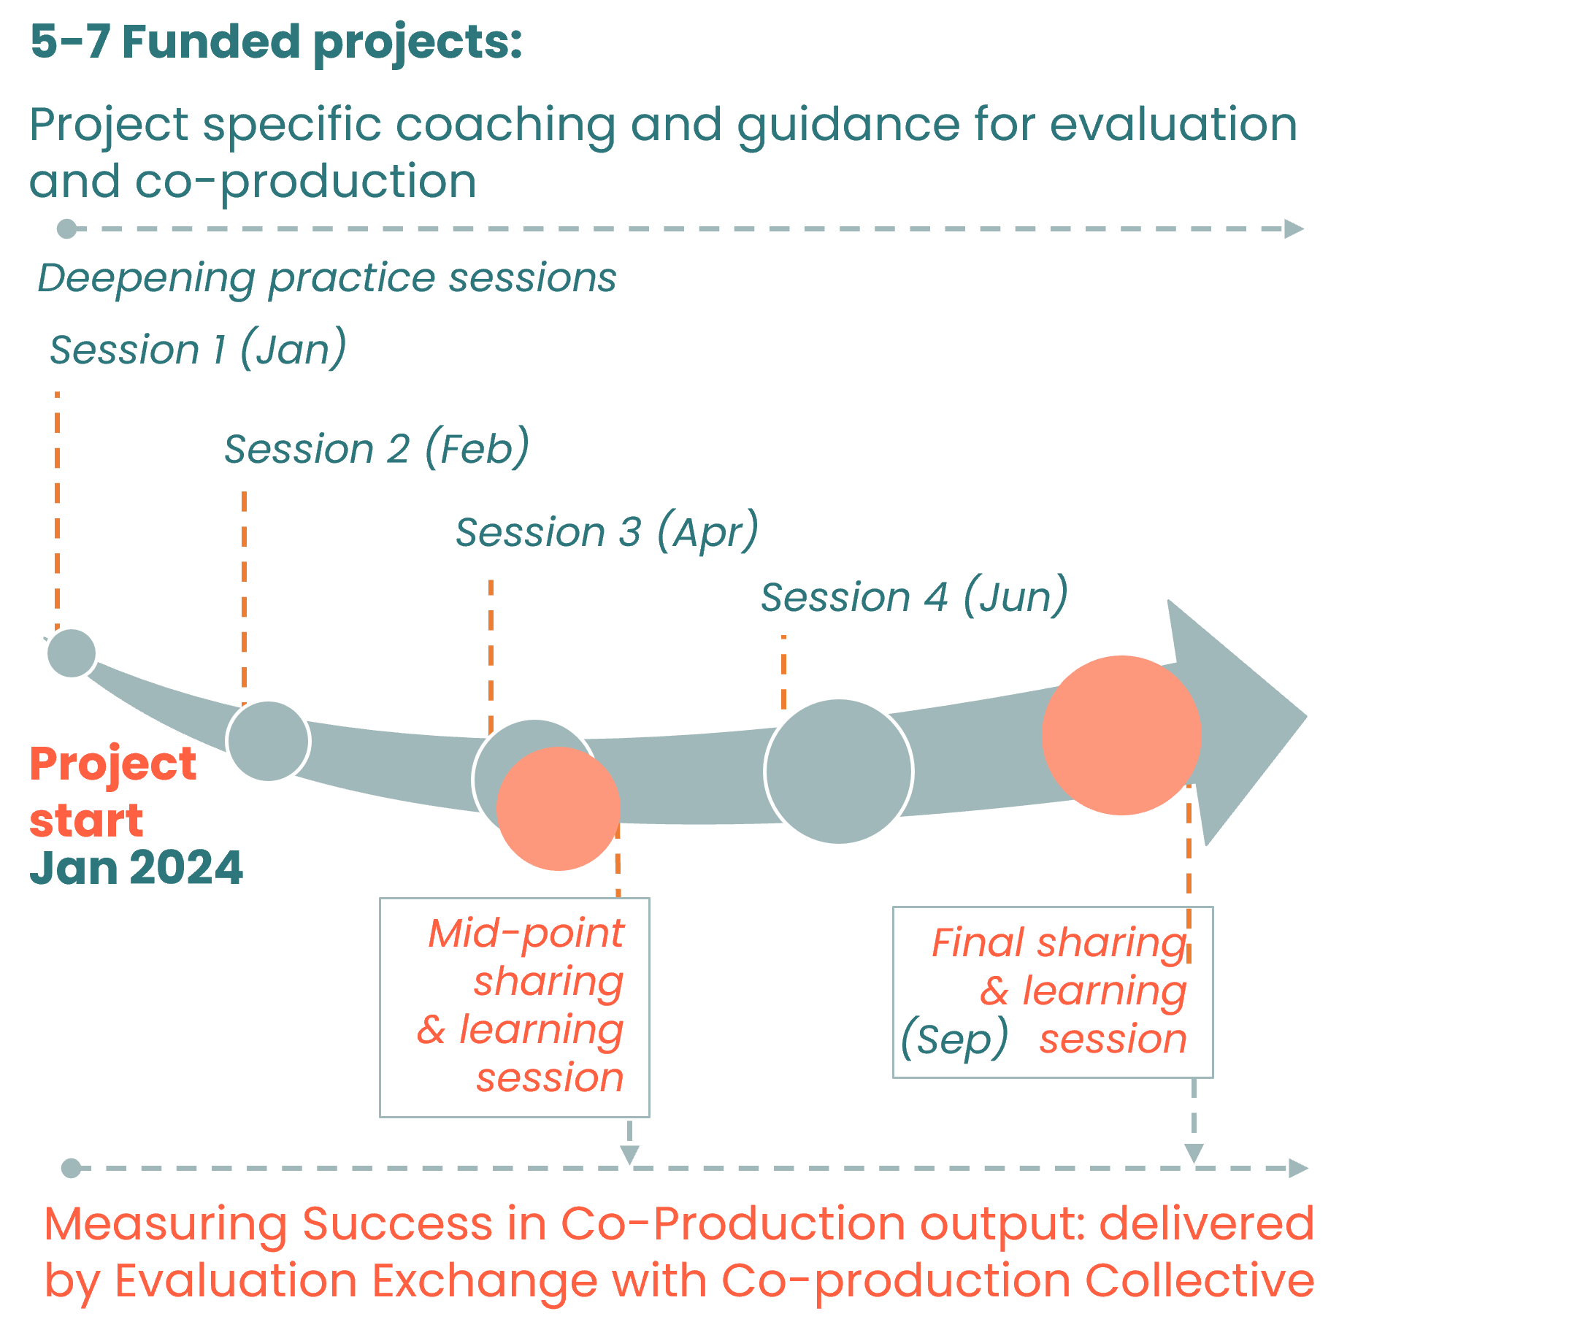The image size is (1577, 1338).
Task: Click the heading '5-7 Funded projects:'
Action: pyautogui.click(x=275, y=42)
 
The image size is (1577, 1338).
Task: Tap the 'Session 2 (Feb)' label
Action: pyautogui.click(x=377, y=449)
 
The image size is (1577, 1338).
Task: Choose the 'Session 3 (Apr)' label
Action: pyautogui.click(x=607, y=532)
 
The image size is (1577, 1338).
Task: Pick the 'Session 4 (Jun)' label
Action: pyautogui.click(x=914, y=598)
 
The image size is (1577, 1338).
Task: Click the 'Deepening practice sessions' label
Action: pyautogui.click(x=327, y=277)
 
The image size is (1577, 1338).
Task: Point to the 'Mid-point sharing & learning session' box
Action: pyautogui.click(x=515, y=1007)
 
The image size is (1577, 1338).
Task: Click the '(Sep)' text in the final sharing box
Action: pyautogui.click(x=954, y=1039)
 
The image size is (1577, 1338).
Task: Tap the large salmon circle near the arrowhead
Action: pyautogui.click(x=1121, y=735)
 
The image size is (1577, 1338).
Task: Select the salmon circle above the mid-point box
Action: pyautogui.click(x=559, y=809)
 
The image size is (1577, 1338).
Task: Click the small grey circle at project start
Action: pyautogui.click(x=72, y=653)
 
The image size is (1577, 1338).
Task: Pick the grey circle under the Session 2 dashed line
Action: pyautogui.click(x=268, y=741)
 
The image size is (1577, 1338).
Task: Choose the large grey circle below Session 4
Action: pyautogui.click(x=838, y=771)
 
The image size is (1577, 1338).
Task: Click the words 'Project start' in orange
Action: pyautogui.click(x=112, y=791)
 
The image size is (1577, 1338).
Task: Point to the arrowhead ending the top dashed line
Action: pyautogui.click(x=1293, y=228)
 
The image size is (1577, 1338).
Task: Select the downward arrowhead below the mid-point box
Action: pyautogui.click(x=629, y=1156)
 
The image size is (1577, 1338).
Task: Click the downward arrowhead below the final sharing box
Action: pyautogui.click(x=1194, y=1153)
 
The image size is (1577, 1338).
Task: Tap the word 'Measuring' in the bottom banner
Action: pyautogui.click(x=165, y=1224)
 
